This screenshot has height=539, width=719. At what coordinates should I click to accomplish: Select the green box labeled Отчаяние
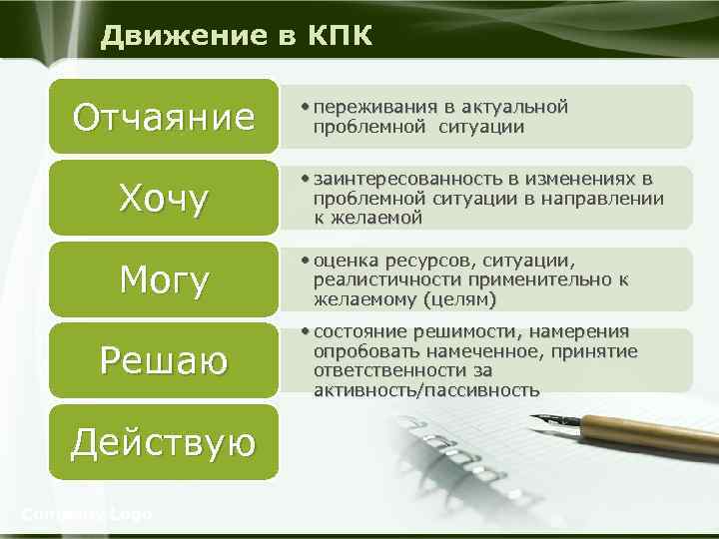164,118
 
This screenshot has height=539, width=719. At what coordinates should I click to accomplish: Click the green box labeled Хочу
164,199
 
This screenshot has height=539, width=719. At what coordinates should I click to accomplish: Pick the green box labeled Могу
164,279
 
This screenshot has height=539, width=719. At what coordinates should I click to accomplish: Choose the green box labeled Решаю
164,360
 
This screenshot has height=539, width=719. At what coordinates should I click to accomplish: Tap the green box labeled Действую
164,441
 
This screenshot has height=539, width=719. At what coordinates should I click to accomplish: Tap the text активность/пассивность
426,389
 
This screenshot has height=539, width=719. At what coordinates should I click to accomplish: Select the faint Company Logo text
87,514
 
